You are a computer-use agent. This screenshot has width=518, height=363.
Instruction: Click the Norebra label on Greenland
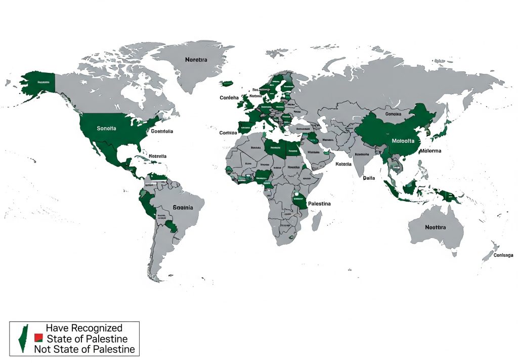point(196,60)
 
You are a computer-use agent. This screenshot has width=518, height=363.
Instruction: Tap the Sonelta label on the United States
point(106,129)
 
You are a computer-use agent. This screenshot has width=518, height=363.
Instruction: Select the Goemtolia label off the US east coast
point(162,132)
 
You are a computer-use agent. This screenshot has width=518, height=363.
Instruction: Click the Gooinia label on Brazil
point(182,208)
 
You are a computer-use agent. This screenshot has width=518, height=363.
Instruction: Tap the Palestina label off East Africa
point(319,204)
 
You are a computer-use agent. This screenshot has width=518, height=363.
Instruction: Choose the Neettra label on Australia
point(435,227)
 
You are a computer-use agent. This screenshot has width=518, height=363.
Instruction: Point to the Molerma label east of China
point(430,151)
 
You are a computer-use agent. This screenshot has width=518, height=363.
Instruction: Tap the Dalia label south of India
point(369,178)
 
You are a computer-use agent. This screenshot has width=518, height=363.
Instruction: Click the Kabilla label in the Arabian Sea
point(343,164)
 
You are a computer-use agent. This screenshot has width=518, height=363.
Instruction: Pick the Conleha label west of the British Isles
point(229,98)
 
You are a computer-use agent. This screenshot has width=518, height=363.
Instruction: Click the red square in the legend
point(37,338)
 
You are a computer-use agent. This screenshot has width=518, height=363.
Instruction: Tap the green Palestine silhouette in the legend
point(23,338)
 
